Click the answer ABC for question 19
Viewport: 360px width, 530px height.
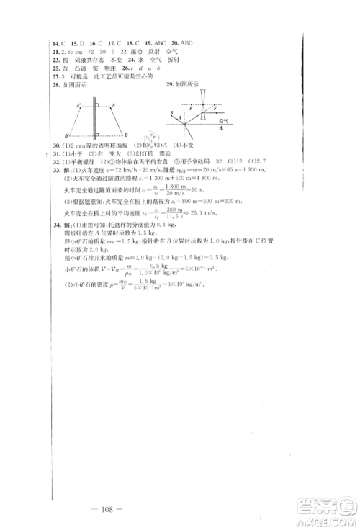click(x=154, y=42)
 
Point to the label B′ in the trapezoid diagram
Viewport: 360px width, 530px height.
click(x=66, y=135)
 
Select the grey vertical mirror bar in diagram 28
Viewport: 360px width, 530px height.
click(x=95, y=120)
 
